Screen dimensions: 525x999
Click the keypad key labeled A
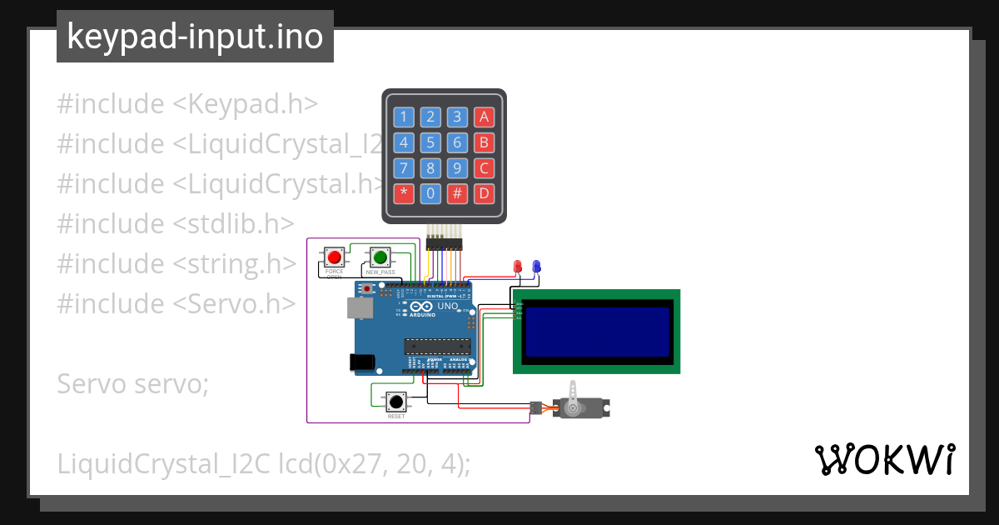(x=484, y=117)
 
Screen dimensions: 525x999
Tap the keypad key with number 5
(x=430, y=142)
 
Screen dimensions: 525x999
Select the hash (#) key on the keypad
(x=457, y=194)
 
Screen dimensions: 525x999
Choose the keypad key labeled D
(x=484, y=194)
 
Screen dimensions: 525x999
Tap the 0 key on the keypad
(x=430, y=194)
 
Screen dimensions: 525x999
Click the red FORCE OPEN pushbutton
(x=335, y=257)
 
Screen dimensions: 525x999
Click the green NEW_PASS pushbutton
(x=380, y=257)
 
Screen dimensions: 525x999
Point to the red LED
(x=518, y=267)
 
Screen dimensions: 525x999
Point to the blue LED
(x=536, y=267)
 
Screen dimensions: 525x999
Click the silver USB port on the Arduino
(x=360, y=308)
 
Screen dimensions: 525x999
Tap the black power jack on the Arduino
(x=362, y=362)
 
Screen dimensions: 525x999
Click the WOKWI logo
(x=884, y=459)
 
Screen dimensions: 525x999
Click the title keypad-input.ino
(x=195, y=37)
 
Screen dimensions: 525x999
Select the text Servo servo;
(x=132, y=384)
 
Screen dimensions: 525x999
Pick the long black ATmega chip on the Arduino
(x=436, y=346)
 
